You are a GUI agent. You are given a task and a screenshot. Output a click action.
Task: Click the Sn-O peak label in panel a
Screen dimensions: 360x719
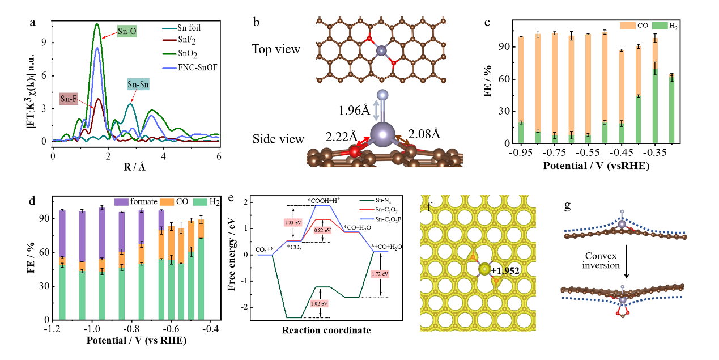click(128, 30)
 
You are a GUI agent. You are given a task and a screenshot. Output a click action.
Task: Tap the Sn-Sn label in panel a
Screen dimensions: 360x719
click(138, 86)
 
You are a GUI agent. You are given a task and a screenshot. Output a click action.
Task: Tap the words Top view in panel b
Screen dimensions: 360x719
click(276, 49)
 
